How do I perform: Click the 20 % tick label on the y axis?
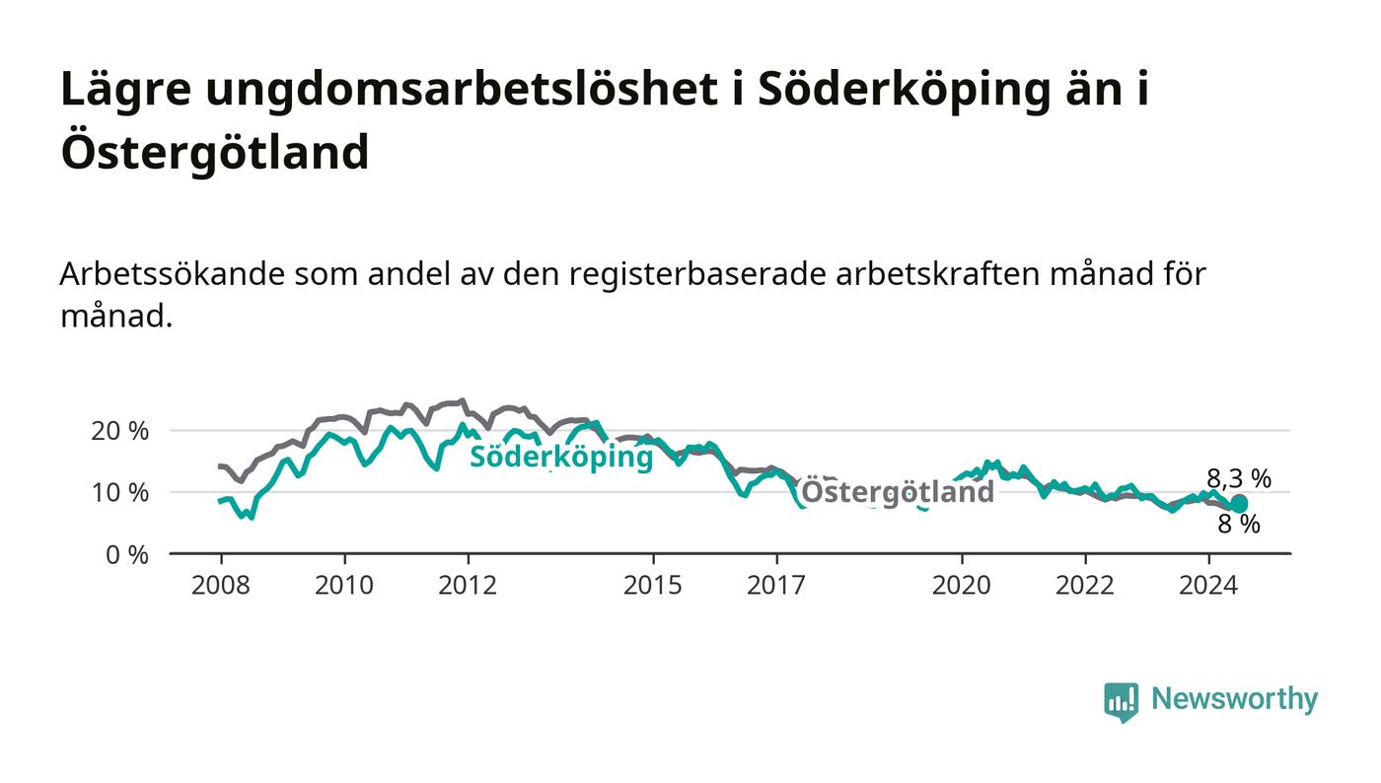[x=119, y=431]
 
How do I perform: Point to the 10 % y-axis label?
[x=119, y=493]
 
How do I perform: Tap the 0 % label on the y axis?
[x=127, y=555]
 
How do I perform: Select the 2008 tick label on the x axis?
[x=221, y=585]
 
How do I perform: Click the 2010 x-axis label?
[x=344, y=585]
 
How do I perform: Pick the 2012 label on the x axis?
[x=468, y=585]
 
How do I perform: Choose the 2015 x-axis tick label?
[x=653, y=585]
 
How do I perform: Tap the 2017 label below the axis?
[x=776, y=585]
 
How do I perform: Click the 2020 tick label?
[x=961, y=585]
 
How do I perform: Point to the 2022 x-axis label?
[x=1085, y=585]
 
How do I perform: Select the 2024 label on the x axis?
[x=1208, y=585]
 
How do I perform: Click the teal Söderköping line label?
[x=561, y=458]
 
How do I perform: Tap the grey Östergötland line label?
[x=898, y=492]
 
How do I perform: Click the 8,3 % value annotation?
[x=1239, y=478]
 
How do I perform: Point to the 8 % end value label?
[x=1239, y=525]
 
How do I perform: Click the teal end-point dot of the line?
[x=1239, y=504]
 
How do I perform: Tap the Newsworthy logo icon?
[x=1121, y=702]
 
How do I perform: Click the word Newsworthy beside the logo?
[x=1235, y=699]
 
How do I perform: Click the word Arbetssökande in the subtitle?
[x=172, y=274]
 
